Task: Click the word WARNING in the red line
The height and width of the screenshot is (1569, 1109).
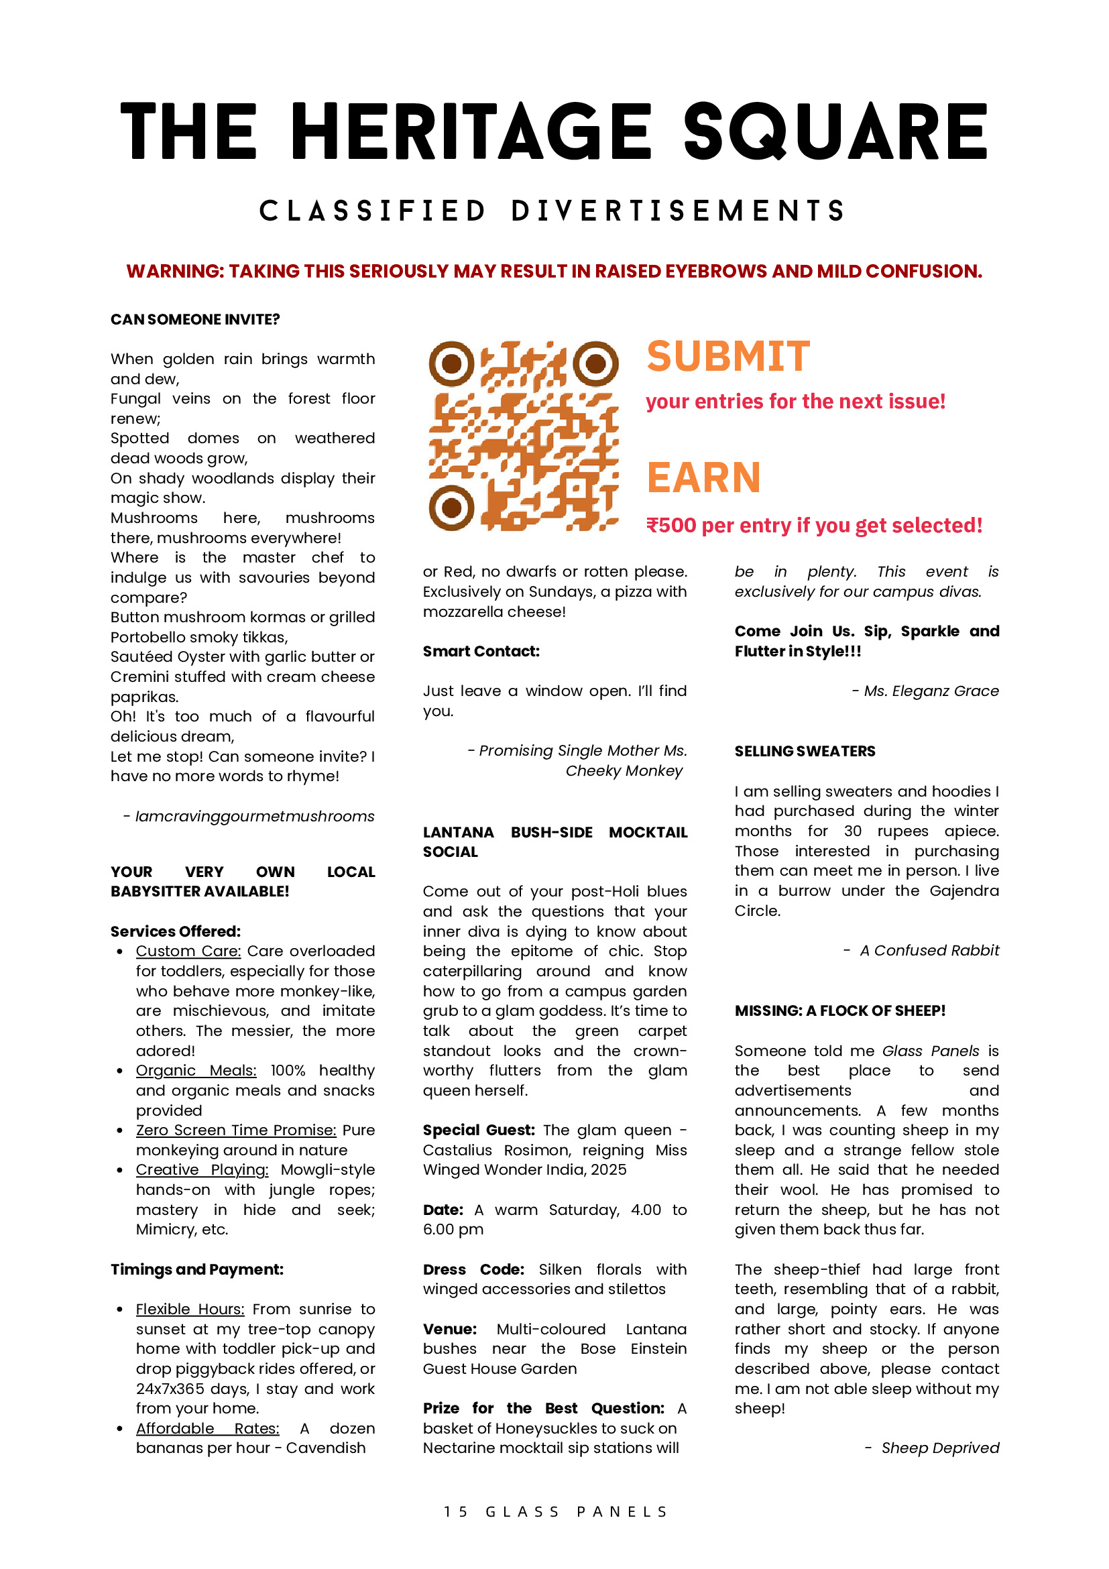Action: [174, 272]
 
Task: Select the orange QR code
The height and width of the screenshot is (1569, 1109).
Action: [524, 436]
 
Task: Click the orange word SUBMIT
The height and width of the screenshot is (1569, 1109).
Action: [728, 357]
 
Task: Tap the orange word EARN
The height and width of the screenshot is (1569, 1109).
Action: [704, 477]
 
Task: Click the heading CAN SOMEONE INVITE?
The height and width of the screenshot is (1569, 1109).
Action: [194, 319]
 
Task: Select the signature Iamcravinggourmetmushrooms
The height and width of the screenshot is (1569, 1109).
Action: [254, 816]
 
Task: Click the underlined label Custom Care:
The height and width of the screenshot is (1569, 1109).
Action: [188, 951]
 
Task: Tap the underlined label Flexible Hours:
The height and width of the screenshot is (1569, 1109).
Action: [190, 1309]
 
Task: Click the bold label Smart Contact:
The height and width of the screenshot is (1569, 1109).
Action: [481, 651]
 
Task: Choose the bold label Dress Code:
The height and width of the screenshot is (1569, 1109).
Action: [473, 1269]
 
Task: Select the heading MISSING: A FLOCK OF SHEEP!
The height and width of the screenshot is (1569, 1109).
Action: [839, 1010]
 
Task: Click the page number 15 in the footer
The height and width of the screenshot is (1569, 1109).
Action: [456, 1511]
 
